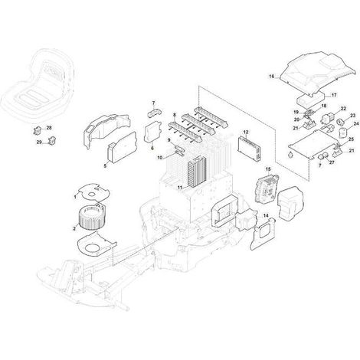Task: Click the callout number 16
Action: (271, 76)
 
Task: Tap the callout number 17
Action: (334, 95)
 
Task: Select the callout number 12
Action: (246, 132)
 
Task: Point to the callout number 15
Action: (268, 169)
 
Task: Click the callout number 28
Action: (49, 127)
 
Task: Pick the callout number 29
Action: (39, 142)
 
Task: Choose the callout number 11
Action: (180, 188)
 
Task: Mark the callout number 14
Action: (266, 216)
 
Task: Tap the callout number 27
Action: (332, 162)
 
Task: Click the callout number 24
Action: (349, 123)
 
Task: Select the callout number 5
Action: (105, 165)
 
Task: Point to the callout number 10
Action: (160, 158)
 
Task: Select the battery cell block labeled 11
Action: (197, 172)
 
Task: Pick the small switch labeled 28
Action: (37, 131)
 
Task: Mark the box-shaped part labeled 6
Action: (152, 132)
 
